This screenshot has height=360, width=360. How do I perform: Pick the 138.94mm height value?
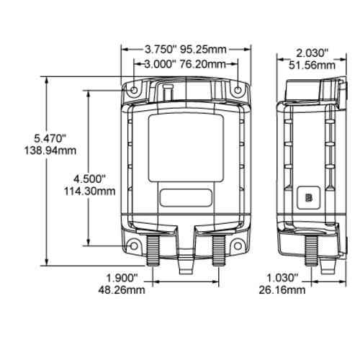(50, 150)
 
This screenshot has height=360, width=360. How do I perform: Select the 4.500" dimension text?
(91, 178)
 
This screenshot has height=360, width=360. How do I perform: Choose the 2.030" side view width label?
(312, 53)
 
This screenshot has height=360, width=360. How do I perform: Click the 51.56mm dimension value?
(312, 65)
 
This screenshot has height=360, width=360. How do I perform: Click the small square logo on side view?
(309, 197)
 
